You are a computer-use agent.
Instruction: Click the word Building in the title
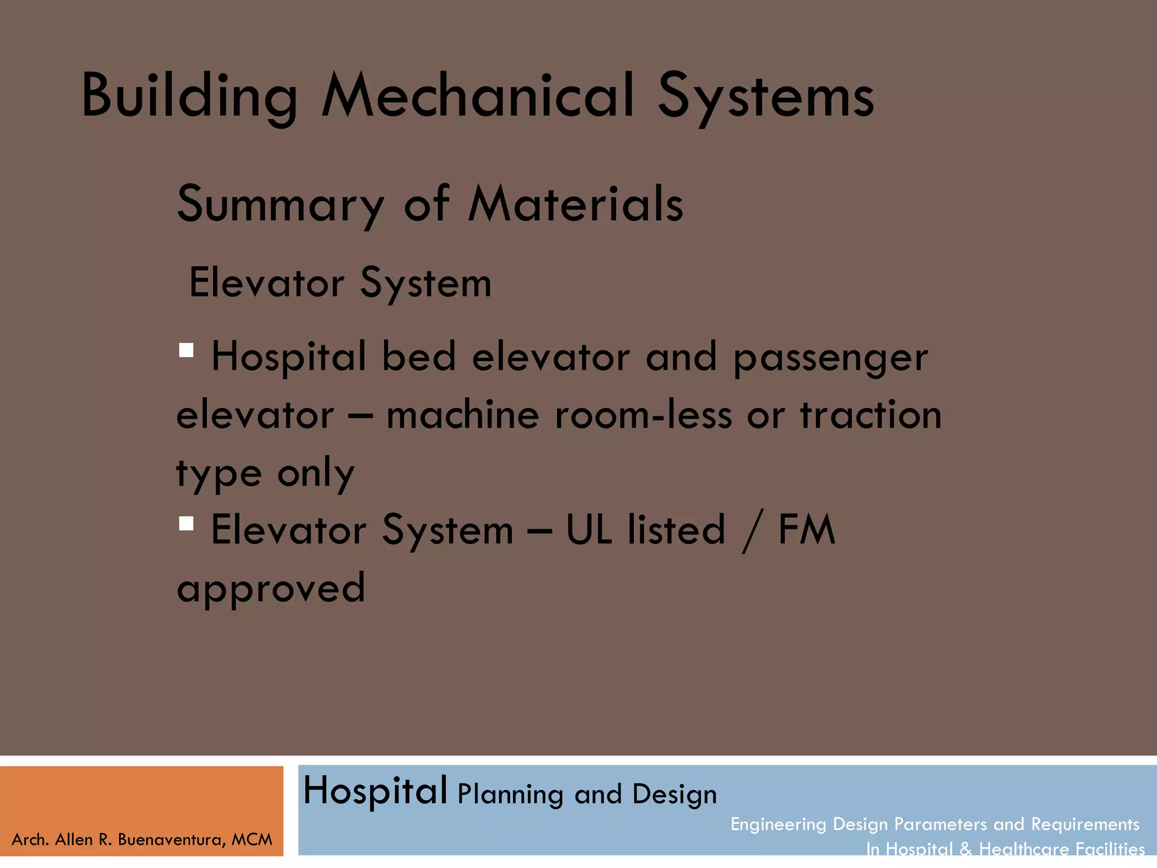pos(189,96)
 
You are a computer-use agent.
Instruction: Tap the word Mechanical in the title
pos(477,96)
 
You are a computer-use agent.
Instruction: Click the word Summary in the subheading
pos(281,205)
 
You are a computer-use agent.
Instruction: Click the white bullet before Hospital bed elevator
pos(186,350)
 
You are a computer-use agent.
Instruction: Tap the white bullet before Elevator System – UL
pos(186,523)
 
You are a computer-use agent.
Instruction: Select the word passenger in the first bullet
pos(830,358)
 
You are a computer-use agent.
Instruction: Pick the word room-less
pos(643,415)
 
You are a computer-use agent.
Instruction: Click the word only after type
pos(316,473)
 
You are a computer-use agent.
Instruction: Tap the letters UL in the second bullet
pos(589,530)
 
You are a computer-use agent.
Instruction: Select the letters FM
pos(807,530)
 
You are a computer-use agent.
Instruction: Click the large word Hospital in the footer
pos(375,791)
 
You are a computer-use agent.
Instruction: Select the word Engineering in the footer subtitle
pos(778,824)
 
